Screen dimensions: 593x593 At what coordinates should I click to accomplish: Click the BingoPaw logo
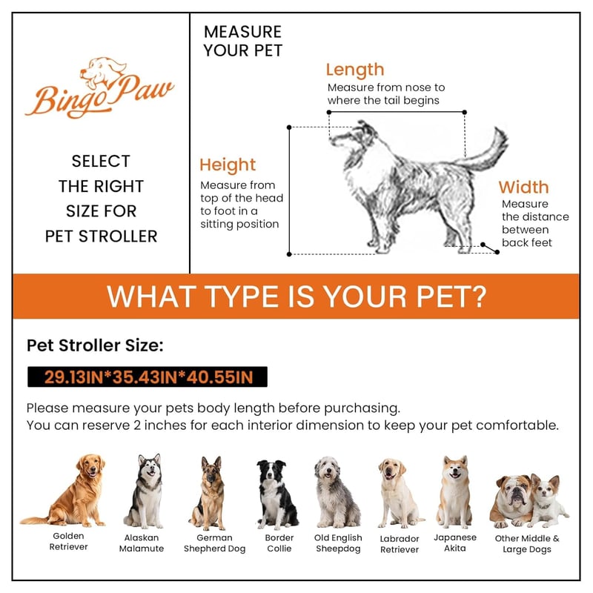pyautogui.click(x=99, y=87)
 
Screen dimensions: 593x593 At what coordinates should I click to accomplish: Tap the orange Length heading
pyautogui.click(x=355, y=70)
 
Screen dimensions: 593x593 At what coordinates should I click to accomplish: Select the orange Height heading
pyautogui.click(x=228, y=165)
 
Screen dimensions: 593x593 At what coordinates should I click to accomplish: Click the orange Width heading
pyautogui.click(x=523, y=188)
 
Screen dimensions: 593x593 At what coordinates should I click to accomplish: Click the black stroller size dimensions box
pyautogui.click(x=148, y=377)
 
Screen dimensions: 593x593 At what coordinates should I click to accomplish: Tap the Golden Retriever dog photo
pyautogui.click(x=64, y=491)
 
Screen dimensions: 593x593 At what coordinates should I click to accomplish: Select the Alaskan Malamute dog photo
pyautogui.click(x=145, y=491)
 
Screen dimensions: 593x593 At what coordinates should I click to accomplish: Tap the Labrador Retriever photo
pyautogui.click(x=400, y=493)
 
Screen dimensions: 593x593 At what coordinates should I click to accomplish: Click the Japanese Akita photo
pyautogui.click(x=454, y=491)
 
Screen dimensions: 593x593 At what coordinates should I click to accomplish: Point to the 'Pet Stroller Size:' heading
pyautogui.click(x=95, y=345)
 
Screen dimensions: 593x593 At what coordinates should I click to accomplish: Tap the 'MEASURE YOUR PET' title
pyautogui.click(x=243, y=42)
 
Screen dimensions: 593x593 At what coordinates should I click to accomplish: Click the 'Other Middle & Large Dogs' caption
pyautogui.click(x=527, y=544)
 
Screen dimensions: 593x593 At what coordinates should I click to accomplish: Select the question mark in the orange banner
pyautogui.click(x=478, y=296)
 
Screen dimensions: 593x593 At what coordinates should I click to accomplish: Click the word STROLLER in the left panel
pyautogui.click(x=118, y=236)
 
